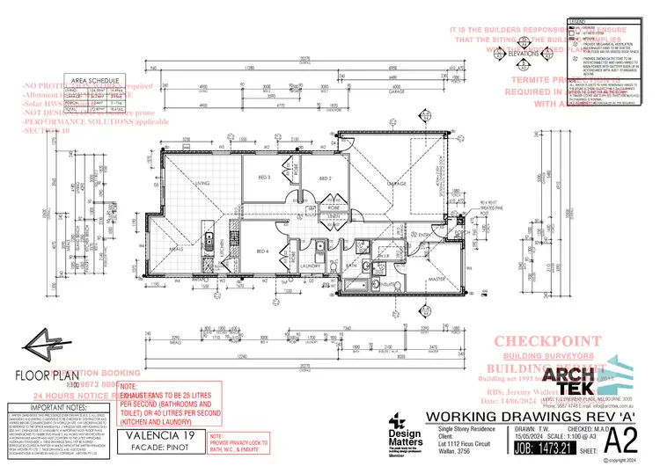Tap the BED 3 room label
(264, 178)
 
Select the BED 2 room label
(324, 178)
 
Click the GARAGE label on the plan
(397, 183)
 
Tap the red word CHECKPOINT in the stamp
(536, 341)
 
